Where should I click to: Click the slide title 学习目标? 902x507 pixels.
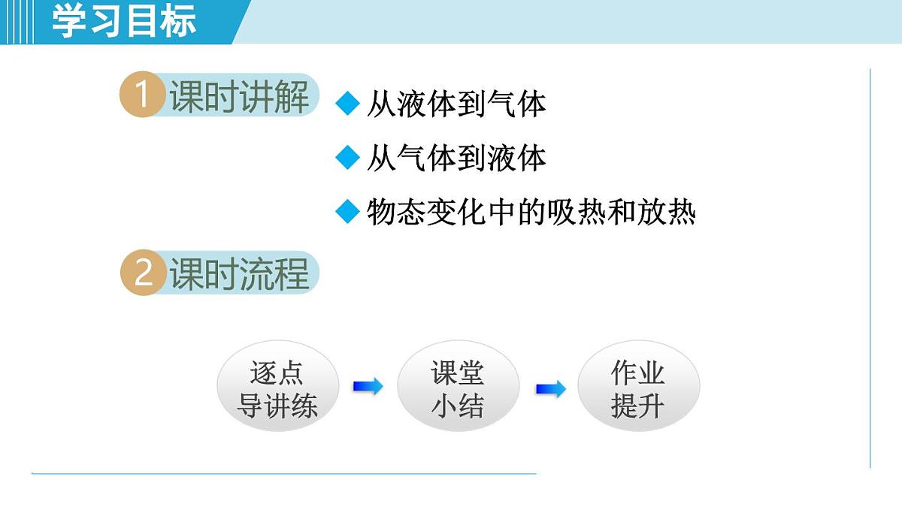coord(124,21)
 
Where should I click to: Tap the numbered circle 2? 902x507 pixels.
coord(142,273)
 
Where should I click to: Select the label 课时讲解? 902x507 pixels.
coord(239,98)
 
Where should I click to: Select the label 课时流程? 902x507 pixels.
coord(239,274)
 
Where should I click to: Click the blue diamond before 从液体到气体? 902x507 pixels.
coord(348,104)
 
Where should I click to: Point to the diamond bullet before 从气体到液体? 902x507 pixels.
coord(348,157)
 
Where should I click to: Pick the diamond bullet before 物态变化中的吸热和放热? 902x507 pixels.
coord(348,212)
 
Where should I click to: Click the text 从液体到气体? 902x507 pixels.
coord(456,104)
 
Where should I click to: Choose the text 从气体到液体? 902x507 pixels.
coord(456,158)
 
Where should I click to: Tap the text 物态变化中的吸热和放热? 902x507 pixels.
coord(531,213)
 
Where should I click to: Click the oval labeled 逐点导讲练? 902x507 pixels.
coord(277,389)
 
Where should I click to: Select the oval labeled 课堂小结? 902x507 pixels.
coord(458,389)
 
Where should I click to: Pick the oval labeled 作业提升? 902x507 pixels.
coord(638,389)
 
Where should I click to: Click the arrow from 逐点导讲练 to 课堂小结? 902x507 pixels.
coord(368,387)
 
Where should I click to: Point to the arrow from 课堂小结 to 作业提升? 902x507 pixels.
coord(550,389)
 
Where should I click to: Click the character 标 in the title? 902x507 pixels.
coord(179,21)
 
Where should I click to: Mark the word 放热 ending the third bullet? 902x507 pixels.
coord(667,213)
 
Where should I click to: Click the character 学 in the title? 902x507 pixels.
coord(69,21)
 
